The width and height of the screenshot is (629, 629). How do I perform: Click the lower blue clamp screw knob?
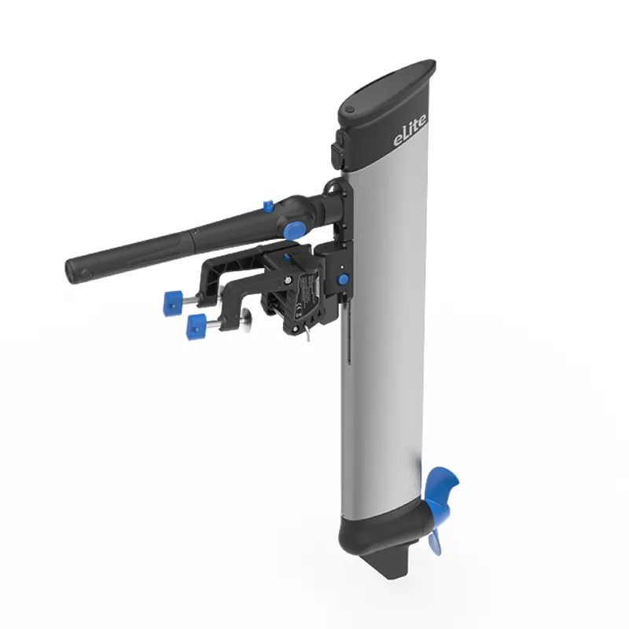point(196,323)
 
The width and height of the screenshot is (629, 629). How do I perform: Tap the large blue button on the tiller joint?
point(294,230)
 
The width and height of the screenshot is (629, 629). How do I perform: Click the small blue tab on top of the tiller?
point(267,206)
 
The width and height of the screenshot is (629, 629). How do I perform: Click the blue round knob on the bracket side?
point(343,280)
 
